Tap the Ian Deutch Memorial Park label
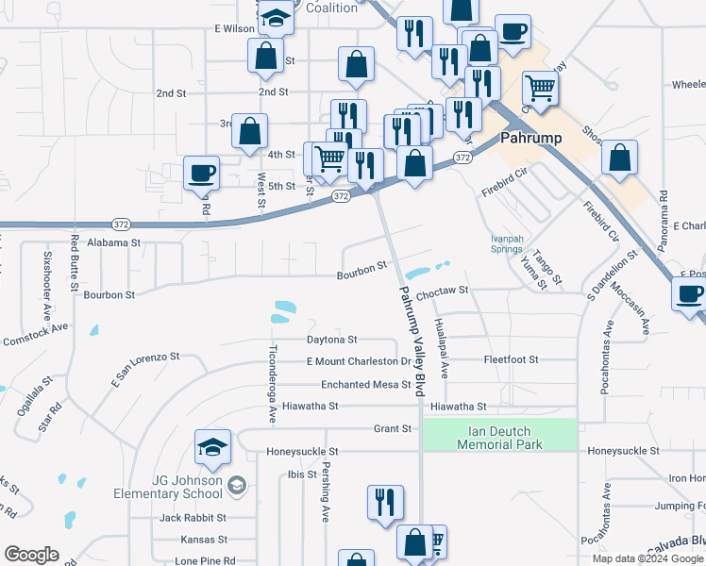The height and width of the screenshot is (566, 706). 499,438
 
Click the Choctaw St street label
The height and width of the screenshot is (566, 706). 443,291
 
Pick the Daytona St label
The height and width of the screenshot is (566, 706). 331,339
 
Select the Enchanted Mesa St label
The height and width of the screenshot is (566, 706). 365,385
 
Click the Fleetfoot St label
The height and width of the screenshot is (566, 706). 511,359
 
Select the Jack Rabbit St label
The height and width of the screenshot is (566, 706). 193,518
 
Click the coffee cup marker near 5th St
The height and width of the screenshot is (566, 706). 201,174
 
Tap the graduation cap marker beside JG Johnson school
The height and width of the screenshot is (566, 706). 212,447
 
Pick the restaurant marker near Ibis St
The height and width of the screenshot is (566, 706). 385,502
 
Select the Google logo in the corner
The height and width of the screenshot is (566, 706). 32,555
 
